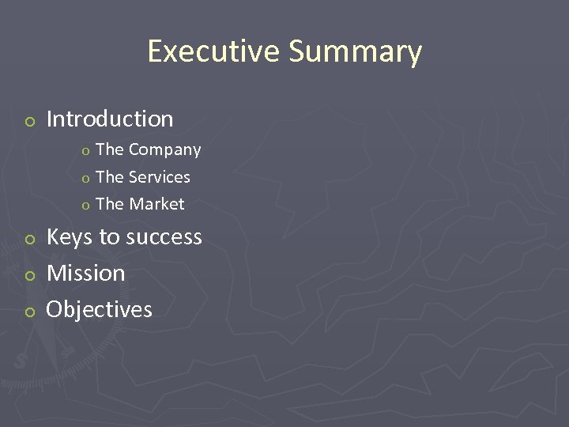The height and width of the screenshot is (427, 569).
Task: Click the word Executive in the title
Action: [213, 51]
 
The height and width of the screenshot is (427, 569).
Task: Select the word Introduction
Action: [110, 119]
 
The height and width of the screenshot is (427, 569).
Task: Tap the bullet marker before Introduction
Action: [29, 121]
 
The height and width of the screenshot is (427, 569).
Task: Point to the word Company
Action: [164, 150]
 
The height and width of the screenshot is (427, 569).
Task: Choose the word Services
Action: [160, 177]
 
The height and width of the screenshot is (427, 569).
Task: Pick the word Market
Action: [156, 204]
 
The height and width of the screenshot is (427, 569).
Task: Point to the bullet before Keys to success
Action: [29, 239]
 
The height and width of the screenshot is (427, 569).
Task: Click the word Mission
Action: [86, 274]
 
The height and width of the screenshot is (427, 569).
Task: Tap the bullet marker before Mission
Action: [29, 275]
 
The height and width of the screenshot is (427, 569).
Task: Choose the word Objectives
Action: [100, 309]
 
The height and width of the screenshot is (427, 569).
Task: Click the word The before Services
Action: [110, 177]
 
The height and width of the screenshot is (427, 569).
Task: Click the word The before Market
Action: [110, 204]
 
